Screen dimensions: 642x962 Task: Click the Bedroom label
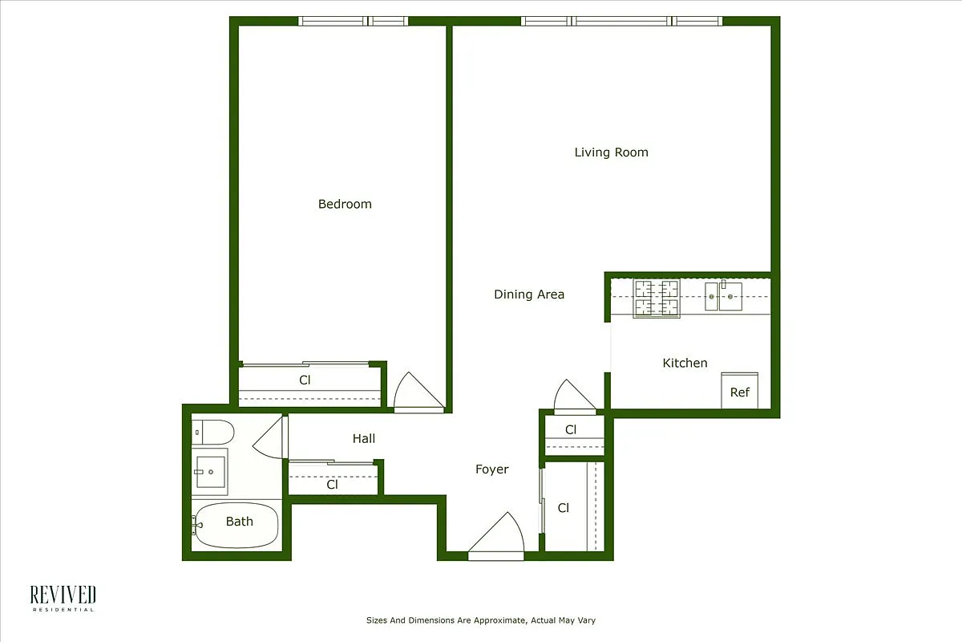345,204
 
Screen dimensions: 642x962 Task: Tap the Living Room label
611,152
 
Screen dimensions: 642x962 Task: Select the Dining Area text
528,295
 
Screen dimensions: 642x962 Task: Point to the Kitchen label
685,363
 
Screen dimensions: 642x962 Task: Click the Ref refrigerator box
740,391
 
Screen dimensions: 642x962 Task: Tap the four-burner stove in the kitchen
656,299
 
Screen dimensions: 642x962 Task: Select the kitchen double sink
723,296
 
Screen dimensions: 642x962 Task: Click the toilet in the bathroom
212,432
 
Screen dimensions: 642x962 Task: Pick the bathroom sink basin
210,471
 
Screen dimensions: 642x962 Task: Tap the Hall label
364,438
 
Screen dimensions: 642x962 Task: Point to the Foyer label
491,469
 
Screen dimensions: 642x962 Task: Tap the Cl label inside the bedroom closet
305,380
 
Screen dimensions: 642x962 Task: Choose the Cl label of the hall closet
332,485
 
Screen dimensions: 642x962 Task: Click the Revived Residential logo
63,598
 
